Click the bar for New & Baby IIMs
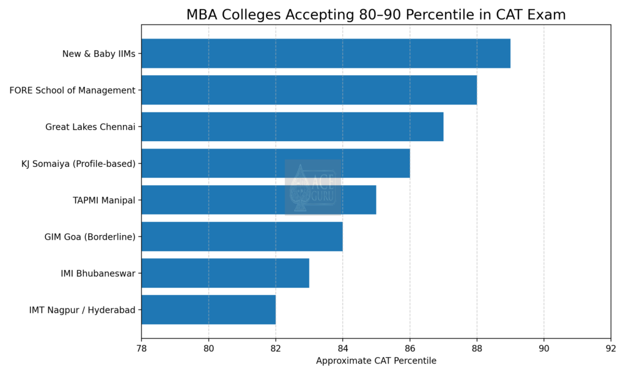point(325,54)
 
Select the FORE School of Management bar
point(309,90)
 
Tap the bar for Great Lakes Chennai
point(292,127)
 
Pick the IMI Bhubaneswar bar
point(225,273)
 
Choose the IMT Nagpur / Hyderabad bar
point(208,310)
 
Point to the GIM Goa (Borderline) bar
point(241,236)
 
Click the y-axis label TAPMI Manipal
point(103,200)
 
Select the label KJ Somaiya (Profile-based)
point(78,164)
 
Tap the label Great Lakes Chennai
point(90,127)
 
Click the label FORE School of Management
point(72,90)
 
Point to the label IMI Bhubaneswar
point(98,273)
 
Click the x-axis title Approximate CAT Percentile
point(376,361)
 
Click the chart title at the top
point(376,15)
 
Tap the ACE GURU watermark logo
point(312,187)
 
